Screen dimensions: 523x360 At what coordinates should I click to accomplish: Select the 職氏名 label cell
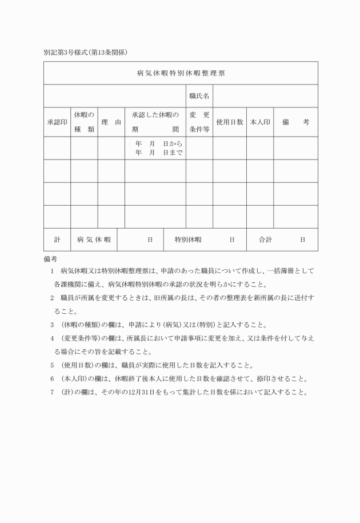[x=199, y=96]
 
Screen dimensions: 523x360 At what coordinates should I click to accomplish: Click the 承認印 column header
[x=57, y=122]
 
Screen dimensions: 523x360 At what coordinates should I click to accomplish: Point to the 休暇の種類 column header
[x=84, y=122]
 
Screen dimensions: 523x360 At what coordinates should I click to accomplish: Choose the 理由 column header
[x=111, y=122]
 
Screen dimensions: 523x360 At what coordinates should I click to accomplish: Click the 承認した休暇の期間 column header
[x=155, y=122]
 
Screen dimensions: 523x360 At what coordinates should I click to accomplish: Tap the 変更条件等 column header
[x=199, y=122]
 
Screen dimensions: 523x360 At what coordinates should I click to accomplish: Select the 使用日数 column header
[x=230, y=122]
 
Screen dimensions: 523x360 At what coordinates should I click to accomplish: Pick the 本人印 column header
[x=260, y=122]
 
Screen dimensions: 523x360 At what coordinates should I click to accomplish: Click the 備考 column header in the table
[x=295, y=122]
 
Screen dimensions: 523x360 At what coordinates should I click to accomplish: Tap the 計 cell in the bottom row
[x=57, y=239]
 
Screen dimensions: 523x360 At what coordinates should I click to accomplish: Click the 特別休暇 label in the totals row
[x=187, y=239]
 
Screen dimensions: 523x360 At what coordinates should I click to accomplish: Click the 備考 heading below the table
[x=50, y=259]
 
